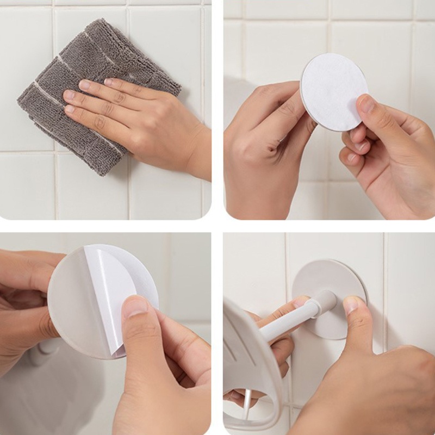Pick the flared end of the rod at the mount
[x=325, y=300]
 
